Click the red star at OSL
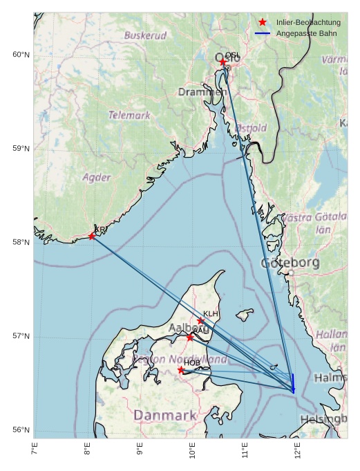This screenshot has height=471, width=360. (223, 62)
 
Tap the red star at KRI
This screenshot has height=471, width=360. (92, 237)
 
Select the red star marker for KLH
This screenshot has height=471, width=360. (201, 320)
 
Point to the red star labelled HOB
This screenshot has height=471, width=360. (181, 370)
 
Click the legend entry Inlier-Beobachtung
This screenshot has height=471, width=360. (307, 22)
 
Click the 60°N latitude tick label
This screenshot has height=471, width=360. (21, 55)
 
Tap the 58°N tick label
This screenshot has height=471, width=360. (21, 242)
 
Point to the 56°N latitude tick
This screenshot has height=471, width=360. (21, 430)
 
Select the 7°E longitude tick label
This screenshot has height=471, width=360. (35, 450)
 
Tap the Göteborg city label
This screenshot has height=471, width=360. (290, 263)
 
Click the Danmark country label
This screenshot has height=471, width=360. (165, 415)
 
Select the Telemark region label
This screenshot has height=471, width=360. (129, 116)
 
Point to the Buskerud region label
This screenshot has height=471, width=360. (145, 35)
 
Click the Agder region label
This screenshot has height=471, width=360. (97, 177)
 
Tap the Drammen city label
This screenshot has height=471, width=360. (202, 92)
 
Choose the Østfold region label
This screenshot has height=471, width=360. (251, 128)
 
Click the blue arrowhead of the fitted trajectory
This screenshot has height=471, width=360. (294, 391)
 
